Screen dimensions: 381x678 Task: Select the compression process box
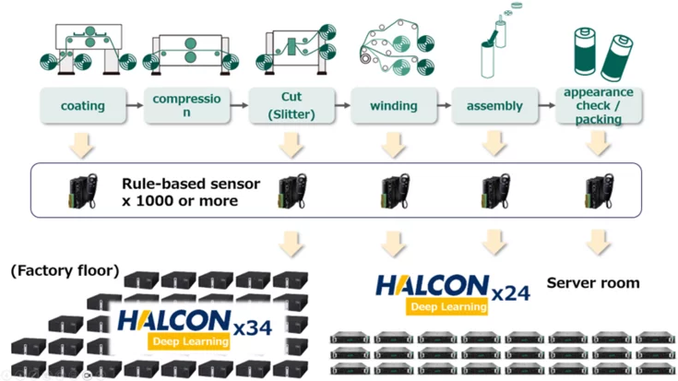pyautogui.click(x=188, y=106)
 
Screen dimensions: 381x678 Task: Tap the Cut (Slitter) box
pyautogui.click(x=291, y=106)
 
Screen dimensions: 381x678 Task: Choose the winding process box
pyautogui.click(x=393, y=106)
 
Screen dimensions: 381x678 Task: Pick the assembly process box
pyautogui.click(x=494, y=106)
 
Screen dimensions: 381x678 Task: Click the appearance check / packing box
pyautogui.click(x=597, y=106)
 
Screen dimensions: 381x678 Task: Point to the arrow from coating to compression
pyautogui.click(x=134, y=106)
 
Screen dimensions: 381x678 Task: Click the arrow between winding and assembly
pyautogui.click(x=444, y=106)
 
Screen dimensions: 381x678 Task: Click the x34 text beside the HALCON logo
pyautogui.click(x=252, y=326)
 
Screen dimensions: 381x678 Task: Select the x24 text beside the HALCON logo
pyautogui.click(x=510, y=292)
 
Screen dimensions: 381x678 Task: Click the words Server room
pyautogui.click(x=593, y=283)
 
